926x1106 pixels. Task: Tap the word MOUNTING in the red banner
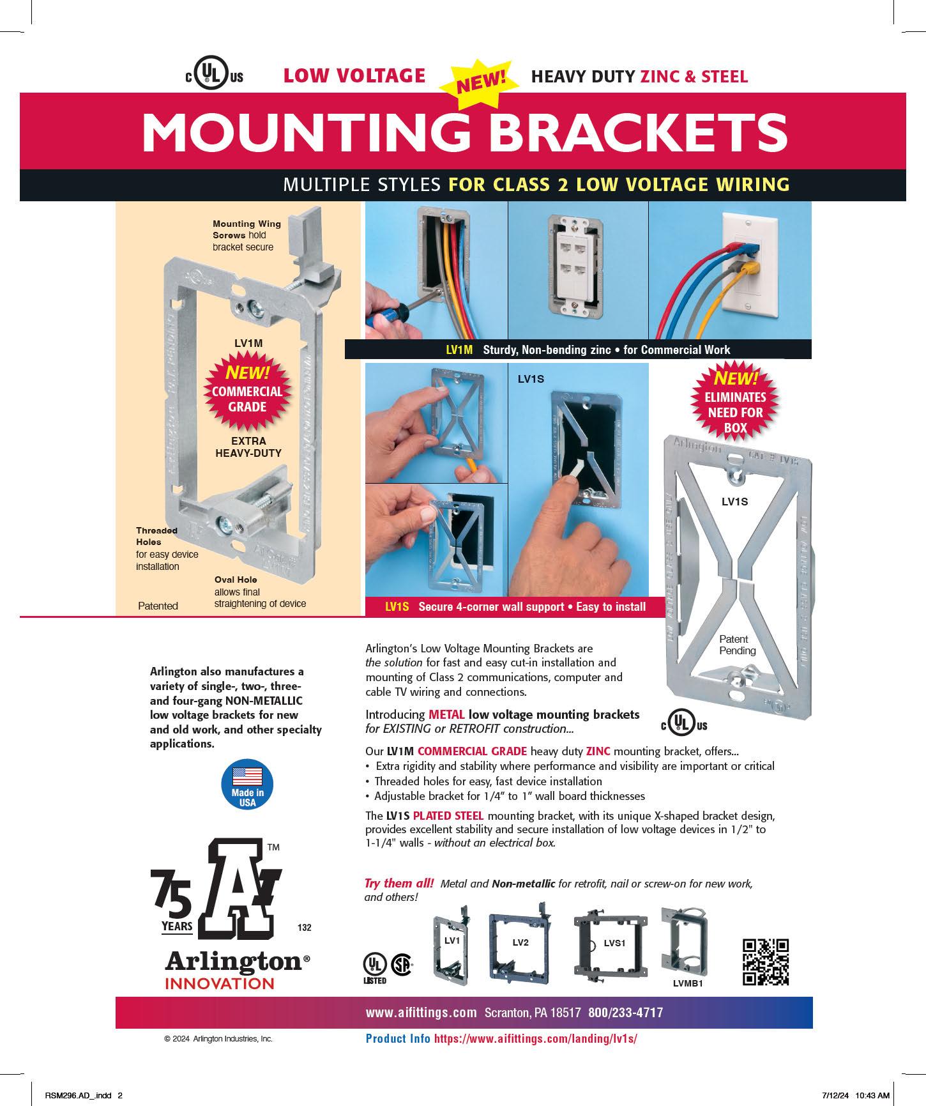tap(311, 132)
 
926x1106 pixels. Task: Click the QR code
tap(765, 962)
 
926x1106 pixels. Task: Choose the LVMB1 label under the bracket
tap(687, 983)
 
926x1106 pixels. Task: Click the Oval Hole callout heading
tap(236, 580)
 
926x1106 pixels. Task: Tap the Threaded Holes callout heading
tap(156, 536)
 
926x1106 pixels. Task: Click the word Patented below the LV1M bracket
tap(158, 606)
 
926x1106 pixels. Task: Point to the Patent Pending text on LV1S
tap(737, 645)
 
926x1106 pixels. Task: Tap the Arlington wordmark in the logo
tap(233, 960)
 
